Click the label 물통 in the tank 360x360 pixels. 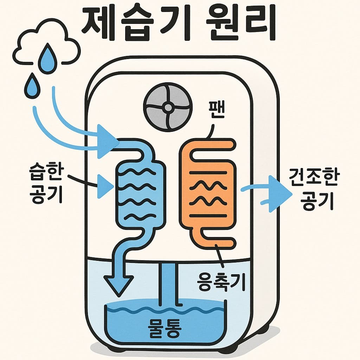164,328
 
